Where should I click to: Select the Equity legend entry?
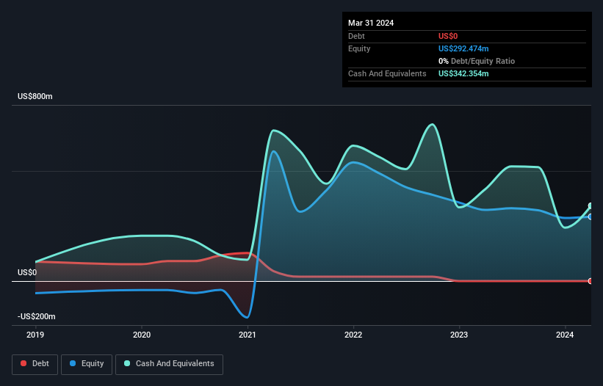pyautogui.click(x=87, y=363)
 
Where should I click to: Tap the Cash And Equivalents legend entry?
pyautogui.click(x=169, y=363)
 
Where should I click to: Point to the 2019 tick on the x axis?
pyautogui.click(x=35, y=335)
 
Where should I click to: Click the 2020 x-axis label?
pyautogui.click(x=141, y=335)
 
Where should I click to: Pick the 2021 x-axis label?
pyautogui.click(x=248, y=335)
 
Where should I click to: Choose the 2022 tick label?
pyautogui.click(x=353, y=335)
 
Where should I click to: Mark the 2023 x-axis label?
pyautogui.click(x=459, y=335)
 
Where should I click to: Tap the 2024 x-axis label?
pyautogui.click(x=566, y=335)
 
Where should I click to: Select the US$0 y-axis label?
pyautogui.click(x=27, y=272)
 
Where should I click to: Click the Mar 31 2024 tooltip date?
pyautogui.click(x=371, y=23)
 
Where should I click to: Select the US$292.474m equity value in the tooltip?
pyautogui.click(x=463, y=48)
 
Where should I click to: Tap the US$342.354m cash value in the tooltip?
pyautogui.click(x=463, y=73)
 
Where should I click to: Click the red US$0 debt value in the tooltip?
pyautogui.click(x=449, y=36)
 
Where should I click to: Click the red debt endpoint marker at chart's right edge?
pyautogui.click(x=591, y=281)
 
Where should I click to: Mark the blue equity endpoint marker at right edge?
pyautogui.click(x=591, y=216)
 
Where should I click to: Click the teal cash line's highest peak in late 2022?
pyautogui.click(x=433, y=124)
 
